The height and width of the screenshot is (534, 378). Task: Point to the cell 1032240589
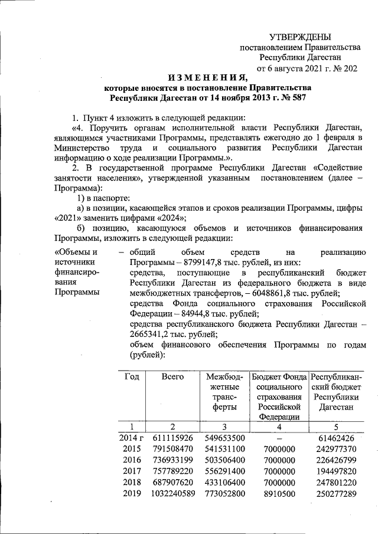pyautogui.click(x=173, y=494)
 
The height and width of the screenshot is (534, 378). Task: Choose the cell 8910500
pyautogui.click(x=278, y=494)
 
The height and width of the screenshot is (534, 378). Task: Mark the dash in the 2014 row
pyautogui.click(x=278, y=438)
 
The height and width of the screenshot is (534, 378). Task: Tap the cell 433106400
pyautogui.click(x=224, y=483)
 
